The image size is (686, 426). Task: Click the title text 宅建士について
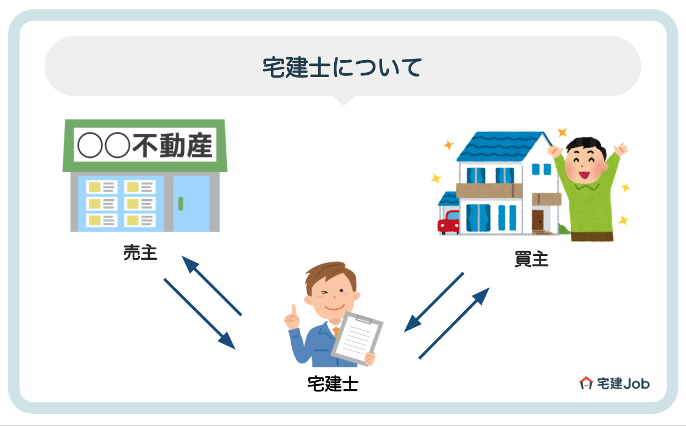342,67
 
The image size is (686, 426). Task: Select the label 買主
531,259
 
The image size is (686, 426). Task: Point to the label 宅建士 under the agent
333,384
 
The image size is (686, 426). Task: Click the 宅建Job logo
614,383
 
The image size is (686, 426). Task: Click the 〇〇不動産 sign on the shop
145,145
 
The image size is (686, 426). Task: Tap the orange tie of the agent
336,332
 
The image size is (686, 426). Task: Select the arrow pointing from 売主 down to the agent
199,313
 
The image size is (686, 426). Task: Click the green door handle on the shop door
181,203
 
